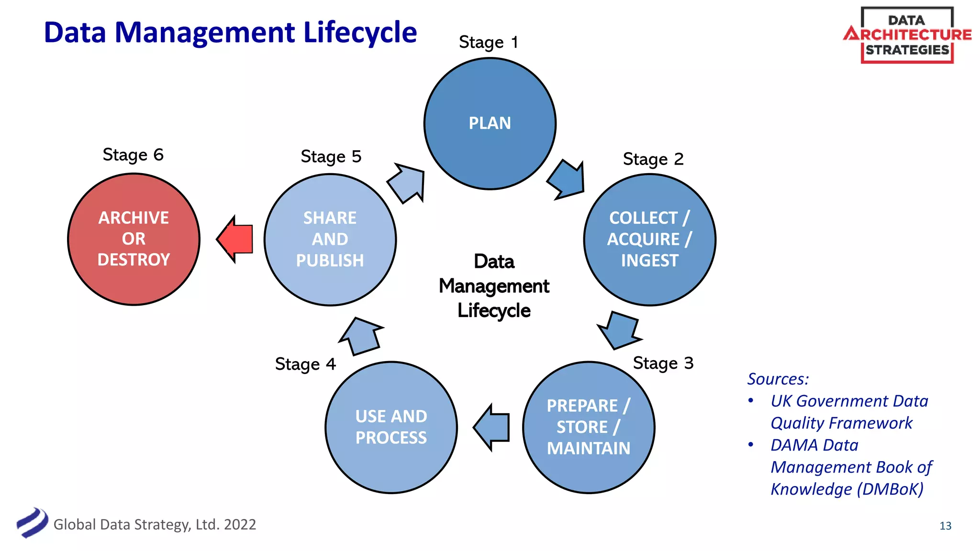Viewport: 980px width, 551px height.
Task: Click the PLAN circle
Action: (490, 123)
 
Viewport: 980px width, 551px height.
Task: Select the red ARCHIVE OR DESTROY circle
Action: (134, 239)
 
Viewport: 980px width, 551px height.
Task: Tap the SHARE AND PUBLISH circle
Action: (330, 239)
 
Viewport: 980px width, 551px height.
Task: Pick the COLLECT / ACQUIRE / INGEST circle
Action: (649, 239)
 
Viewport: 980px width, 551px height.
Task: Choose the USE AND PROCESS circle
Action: (391, 427)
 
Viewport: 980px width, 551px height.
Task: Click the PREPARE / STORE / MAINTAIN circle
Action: (589, 427)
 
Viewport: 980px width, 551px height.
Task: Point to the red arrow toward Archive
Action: (236, 239)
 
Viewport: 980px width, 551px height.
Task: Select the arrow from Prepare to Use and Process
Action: (492, 427)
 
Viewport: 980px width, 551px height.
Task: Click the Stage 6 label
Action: (133, 154)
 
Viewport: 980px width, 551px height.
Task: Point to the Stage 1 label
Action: (489, 42)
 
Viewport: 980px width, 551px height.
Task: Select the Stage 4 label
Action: (305, 364)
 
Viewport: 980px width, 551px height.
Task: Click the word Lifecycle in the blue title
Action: (360, 33)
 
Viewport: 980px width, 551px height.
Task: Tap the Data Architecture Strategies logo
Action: (907, 35)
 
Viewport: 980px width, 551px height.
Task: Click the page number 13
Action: (945, 526)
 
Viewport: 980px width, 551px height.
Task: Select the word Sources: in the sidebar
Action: (778, 379)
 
